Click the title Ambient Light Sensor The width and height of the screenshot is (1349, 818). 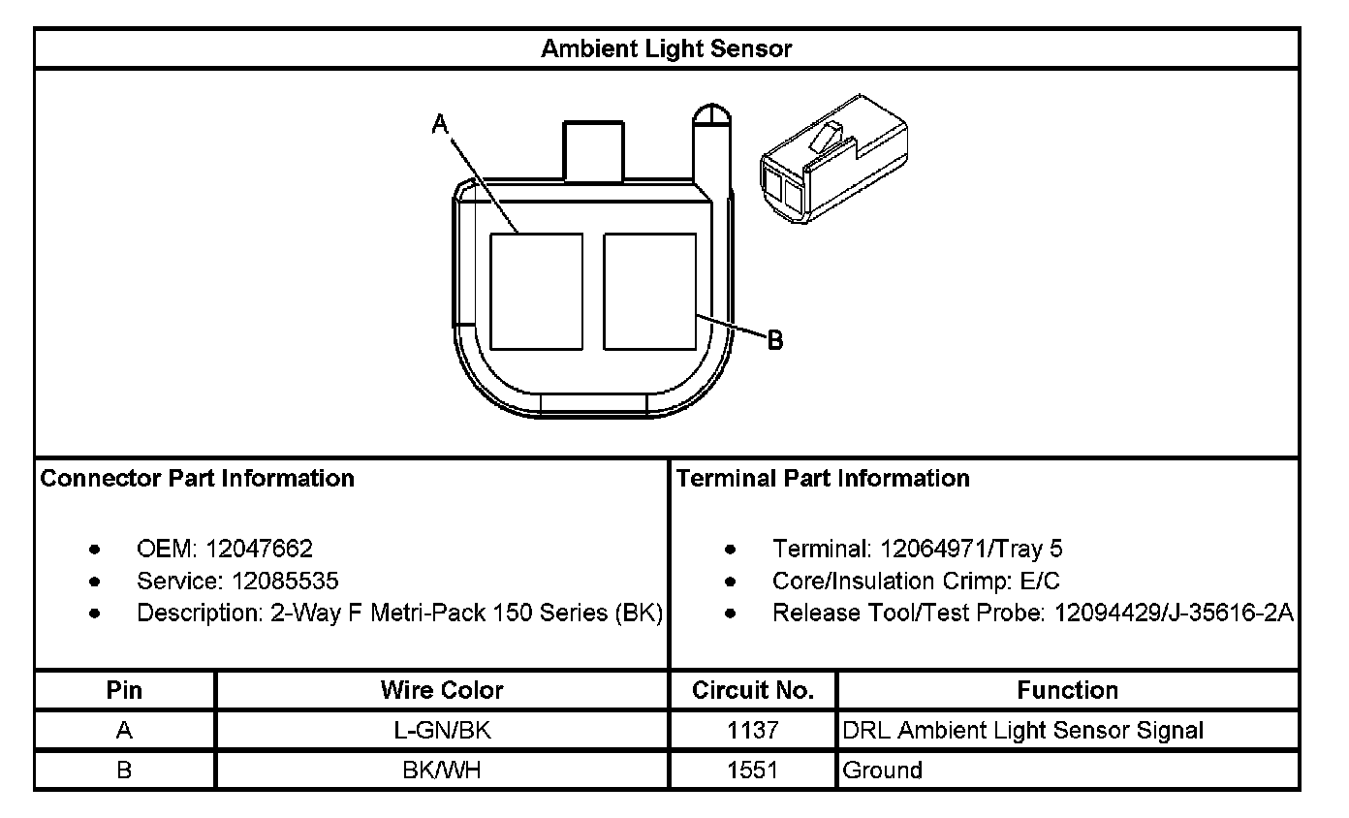666,48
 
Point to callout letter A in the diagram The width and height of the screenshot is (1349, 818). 440,124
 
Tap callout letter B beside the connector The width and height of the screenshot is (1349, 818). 775,340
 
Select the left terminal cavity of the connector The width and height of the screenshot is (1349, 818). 536,292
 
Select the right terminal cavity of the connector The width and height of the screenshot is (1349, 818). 650,292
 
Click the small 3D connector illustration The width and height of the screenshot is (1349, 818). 834,159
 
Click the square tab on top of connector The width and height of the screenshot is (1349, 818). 593,150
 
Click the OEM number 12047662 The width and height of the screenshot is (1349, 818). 259,549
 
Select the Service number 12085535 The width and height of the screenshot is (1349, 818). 285,581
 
